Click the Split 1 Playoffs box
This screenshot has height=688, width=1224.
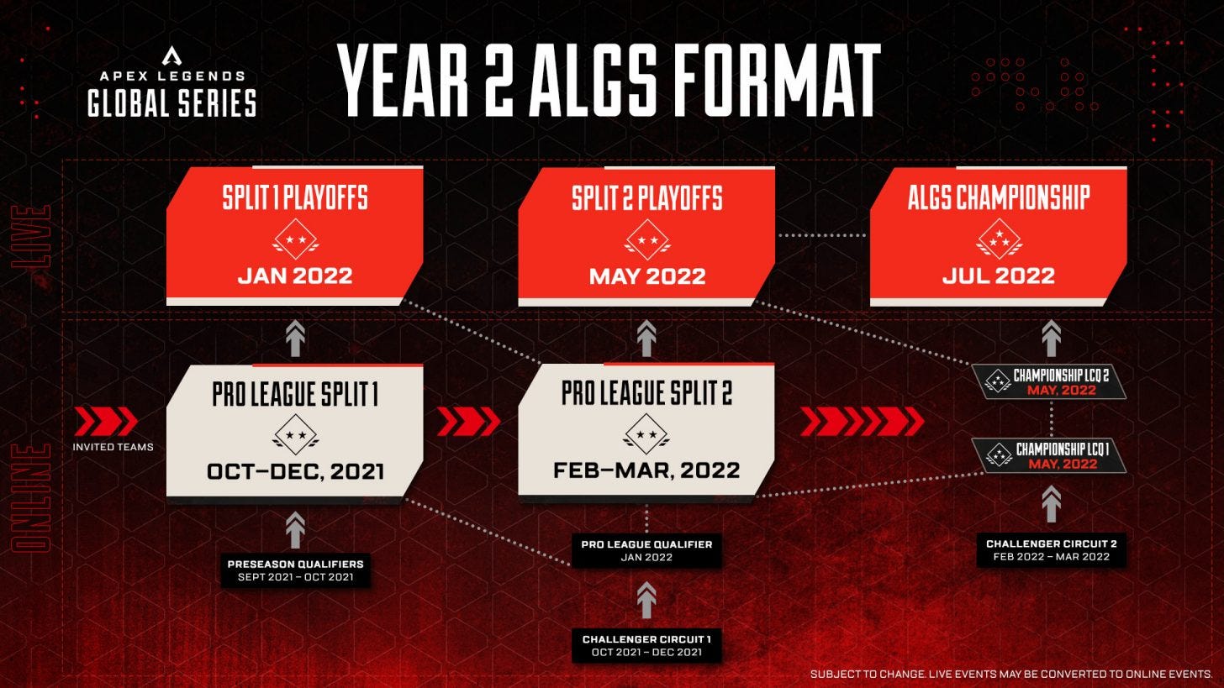click(x=294, y=235)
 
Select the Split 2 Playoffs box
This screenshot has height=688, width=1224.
click(x=646, y=235)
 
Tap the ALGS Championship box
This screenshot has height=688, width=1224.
click(x=998, y=235)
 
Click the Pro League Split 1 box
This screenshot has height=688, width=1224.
click(x=294, y=431)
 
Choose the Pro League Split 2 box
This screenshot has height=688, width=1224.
click(x=646, y=431)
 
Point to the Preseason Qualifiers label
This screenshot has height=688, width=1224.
click(x=295, y=570)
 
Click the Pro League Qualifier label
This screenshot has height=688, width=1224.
click(x=646, y=550)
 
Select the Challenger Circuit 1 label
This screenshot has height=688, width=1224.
click(x=646, y=645)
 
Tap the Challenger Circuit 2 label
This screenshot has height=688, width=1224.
click(x=1051, y=549)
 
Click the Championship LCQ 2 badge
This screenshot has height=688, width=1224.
click(x=1049, y=382)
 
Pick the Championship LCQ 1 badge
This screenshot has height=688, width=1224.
click(x=1049, y=456)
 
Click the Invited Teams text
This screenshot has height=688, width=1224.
click(x=113, y=447)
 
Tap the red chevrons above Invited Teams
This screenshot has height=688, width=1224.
click(x=106, y=421)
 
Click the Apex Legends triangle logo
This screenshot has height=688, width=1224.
click(x=171, y=55)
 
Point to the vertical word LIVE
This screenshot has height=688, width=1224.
click(x=31, y=236)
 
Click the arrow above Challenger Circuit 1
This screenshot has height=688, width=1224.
click(x=646, y=601)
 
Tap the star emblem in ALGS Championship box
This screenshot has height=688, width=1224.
click(x=999, y=239)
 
